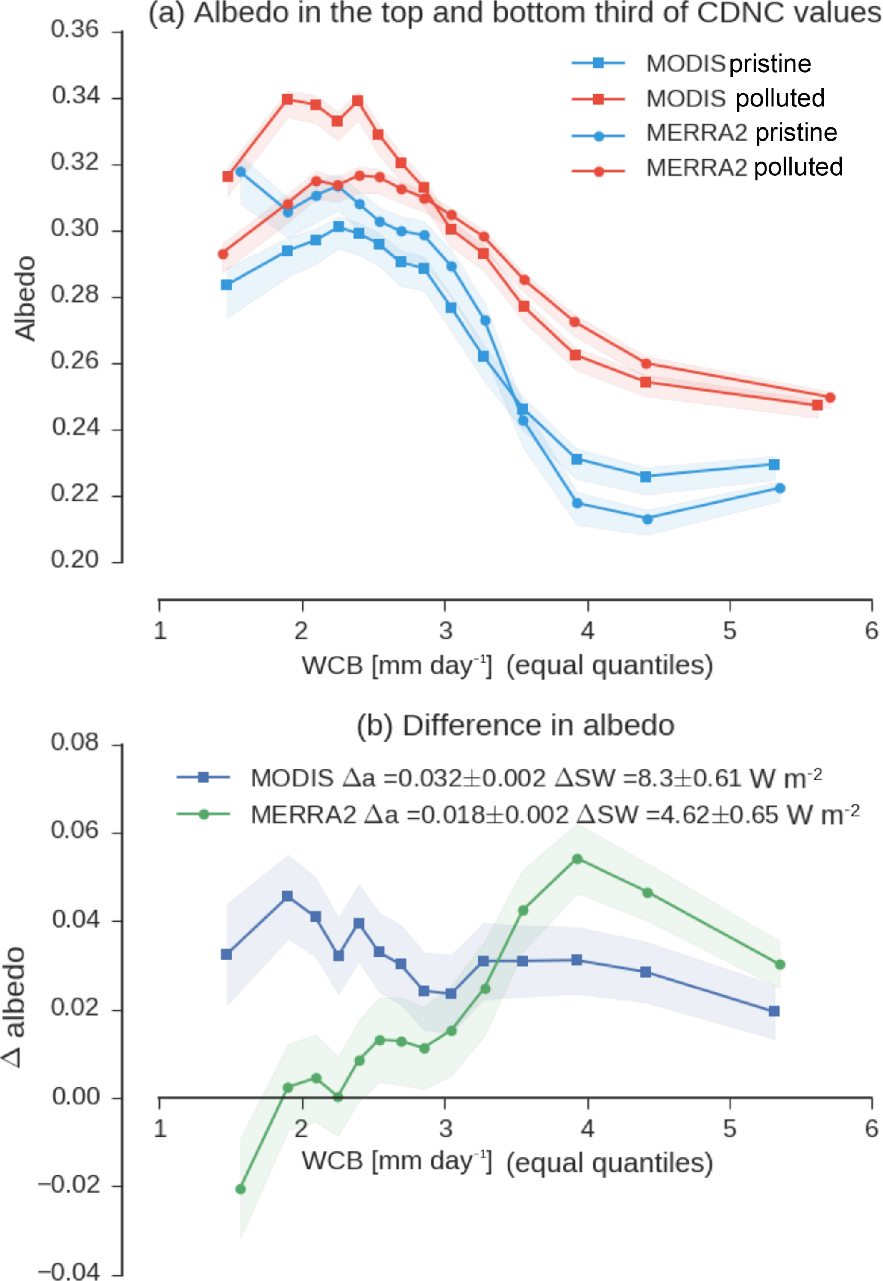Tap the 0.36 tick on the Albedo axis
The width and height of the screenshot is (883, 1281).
(75, 30)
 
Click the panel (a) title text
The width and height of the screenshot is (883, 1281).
(514, 13)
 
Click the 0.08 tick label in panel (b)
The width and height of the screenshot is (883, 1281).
(75, 742)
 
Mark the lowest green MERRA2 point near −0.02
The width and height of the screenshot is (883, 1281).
(241, 1189)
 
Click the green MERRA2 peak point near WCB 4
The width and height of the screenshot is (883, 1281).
(577, 859)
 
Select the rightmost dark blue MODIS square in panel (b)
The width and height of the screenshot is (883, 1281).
(774, 1011)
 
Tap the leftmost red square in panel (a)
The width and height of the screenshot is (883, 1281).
(227, 176)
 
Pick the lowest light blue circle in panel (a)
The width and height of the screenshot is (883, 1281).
(647, 519)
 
